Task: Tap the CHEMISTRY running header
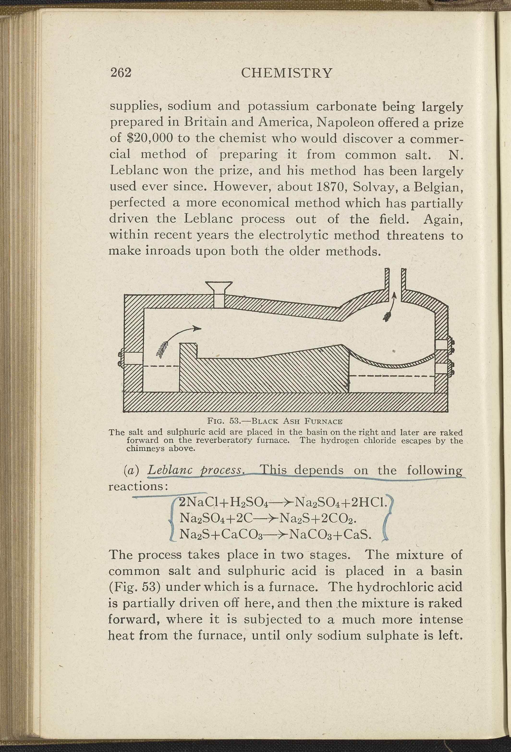pos(286,73)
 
